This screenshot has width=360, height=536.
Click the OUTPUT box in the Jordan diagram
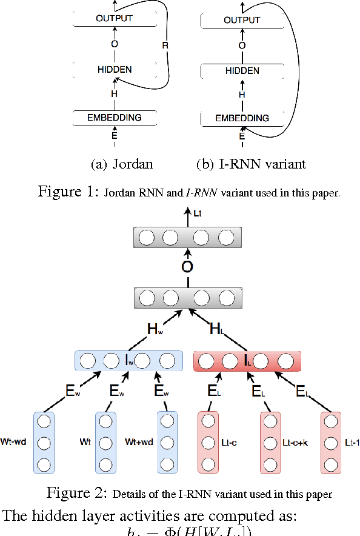[114, 18]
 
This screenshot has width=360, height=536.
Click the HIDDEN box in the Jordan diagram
[114, 70]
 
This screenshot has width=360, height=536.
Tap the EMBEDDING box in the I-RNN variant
[242, 118]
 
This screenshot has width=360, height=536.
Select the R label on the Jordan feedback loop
[165, 45]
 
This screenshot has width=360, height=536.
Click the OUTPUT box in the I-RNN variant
[242, 20]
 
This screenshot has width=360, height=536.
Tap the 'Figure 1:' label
[68, 192]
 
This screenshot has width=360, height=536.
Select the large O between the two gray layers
[188, 267]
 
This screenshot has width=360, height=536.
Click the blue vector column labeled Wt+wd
[167, 442]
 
